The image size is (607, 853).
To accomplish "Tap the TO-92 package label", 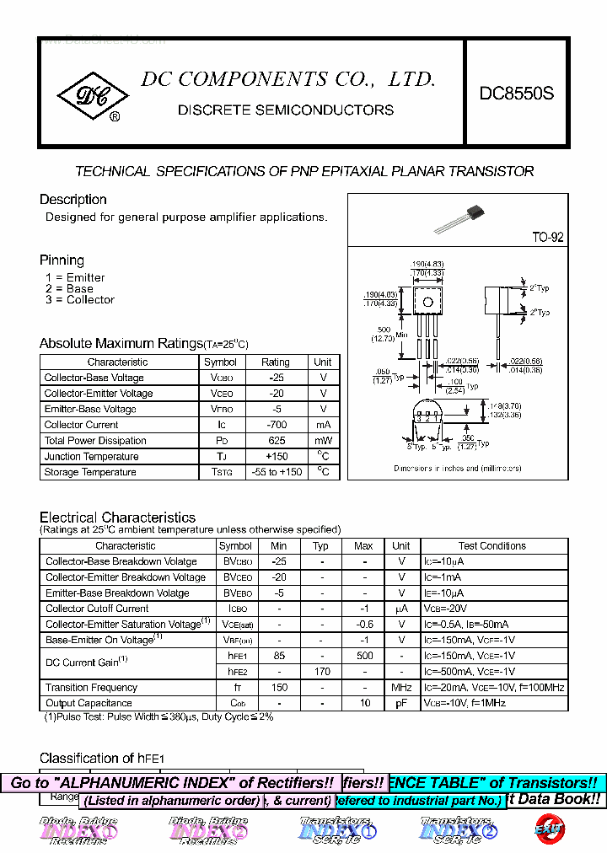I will pyautogui.click(x=547, y=238).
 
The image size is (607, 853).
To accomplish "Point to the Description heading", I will pyautogui.click(x=73, y=200).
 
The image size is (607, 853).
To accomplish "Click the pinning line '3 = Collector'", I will pyautogui.click(x=80, y=300).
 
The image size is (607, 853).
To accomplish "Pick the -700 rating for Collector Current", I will pyautogui.click(x=275, y=425).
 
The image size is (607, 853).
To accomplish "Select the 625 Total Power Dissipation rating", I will pyautogui.click(x=275, y=441).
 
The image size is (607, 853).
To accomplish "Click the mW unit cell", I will pyautogui.click(x=323, y=441).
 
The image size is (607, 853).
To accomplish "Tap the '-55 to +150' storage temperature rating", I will pyautogui.click(x=275, y=473).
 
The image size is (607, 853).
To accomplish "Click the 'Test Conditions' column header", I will pyautogui.click(x=492, y=546).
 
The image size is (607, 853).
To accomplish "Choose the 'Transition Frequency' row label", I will pyautogui.click(x=91, y=688).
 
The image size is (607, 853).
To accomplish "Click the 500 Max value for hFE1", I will pyautogui.click(x=364, y=656).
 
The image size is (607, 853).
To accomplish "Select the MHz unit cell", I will pyautogui.click(x=401, y=688).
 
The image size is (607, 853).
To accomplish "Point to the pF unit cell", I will pyautogui.click(x=401, y=703).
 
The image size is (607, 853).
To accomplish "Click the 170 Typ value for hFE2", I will pyautogui.click(x=321, y=672).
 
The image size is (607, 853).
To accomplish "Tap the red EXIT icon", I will pyautogui.click(x=549, y=829).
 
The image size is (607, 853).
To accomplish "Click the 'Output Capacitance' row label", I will pyautogui.click(x=89, y=703).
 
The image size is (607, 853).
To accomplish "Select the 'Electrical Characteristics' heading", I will pyautogui.click(x=117, y=518).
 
